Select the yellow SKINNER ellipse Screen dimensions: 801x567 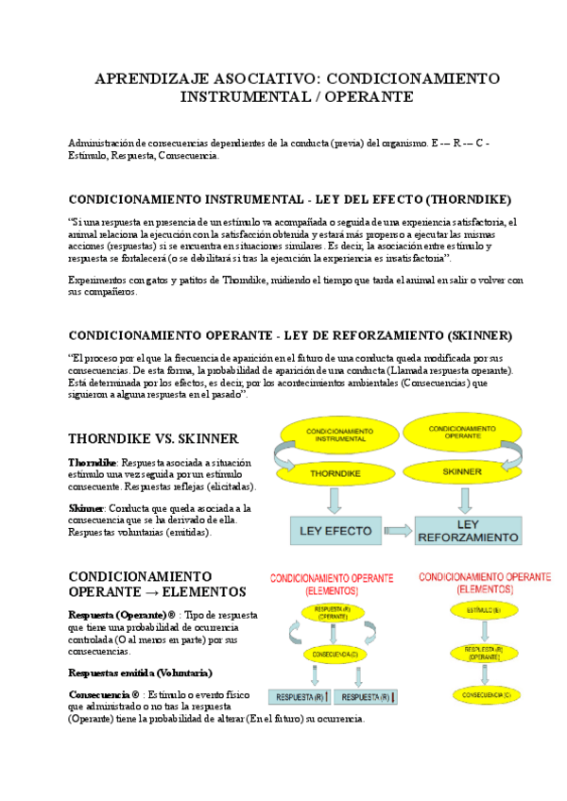pyautogui.click(x=461, y=470)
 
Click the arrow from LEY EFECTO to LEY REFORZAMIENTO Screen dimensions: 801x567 pyautogui.click(x=399, y=530)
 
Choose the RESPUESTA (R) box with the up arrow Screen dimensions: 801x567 pyautogui.click(x=301, y=697)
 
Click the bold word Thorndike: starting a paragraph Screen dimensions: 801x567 pyautogui.click(x=93, y=463)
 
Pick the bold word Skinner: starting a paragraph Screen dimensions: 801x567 pyautogui.click(x=87, y=508)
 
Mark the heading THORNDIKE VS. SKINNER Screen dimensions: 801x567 pyautogui.click(x=153, y=438)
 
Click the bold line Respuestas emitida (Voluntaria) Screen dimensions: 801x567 pyautogui.click(x=140, y=673)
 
